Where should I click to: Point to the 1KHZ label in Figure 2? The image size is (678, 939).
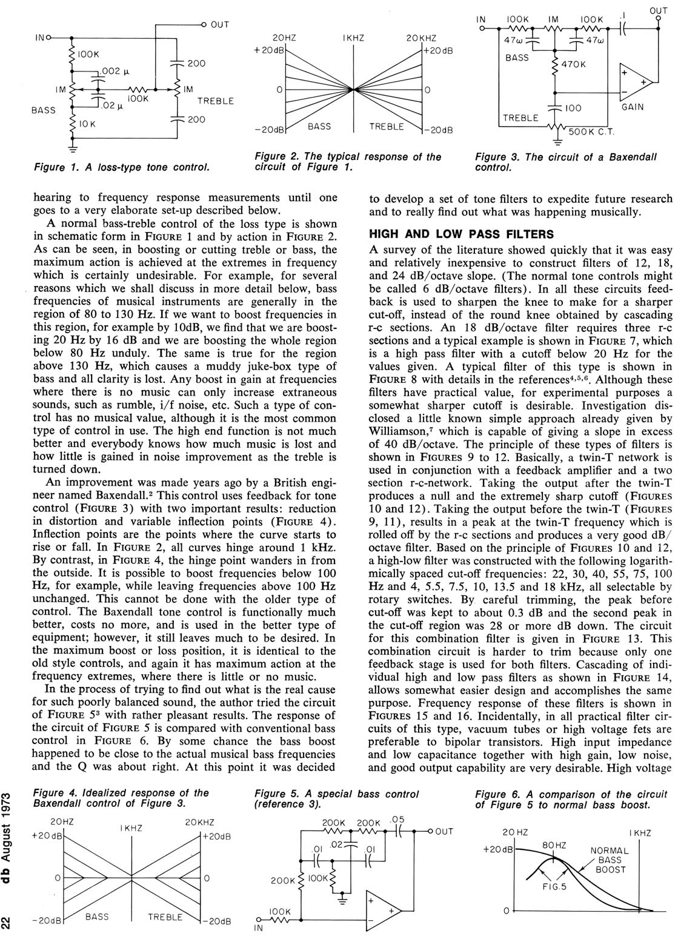(x=353, y=38)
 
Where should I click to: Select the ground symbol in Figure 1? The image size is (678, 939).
(x=73, y=145)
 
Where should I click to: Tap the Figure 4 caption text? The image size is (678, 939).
(x=121, y=798)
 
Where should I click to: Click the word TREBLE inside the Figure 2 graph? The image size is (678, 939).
(x=387, y=126)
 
